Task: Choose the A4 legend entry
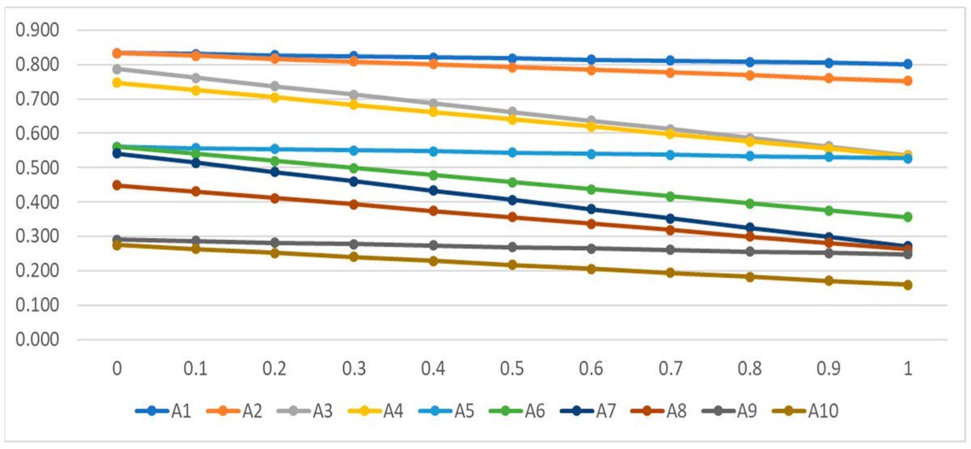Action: (382, 412)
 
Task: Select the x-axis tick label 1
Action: (908, 369)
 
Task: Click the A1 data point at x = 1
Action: (908, 64)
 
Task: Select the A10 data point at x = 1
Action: (908, 285)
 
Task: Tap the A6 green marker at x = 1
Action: (908, 217)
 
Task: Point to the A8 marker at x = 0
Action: (117, 185)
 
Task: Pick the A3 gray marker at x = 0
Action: (117, 70)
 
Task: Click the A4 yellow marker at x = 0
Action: (117, 83)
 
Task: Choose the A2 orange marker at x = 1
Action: (908, 81)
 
